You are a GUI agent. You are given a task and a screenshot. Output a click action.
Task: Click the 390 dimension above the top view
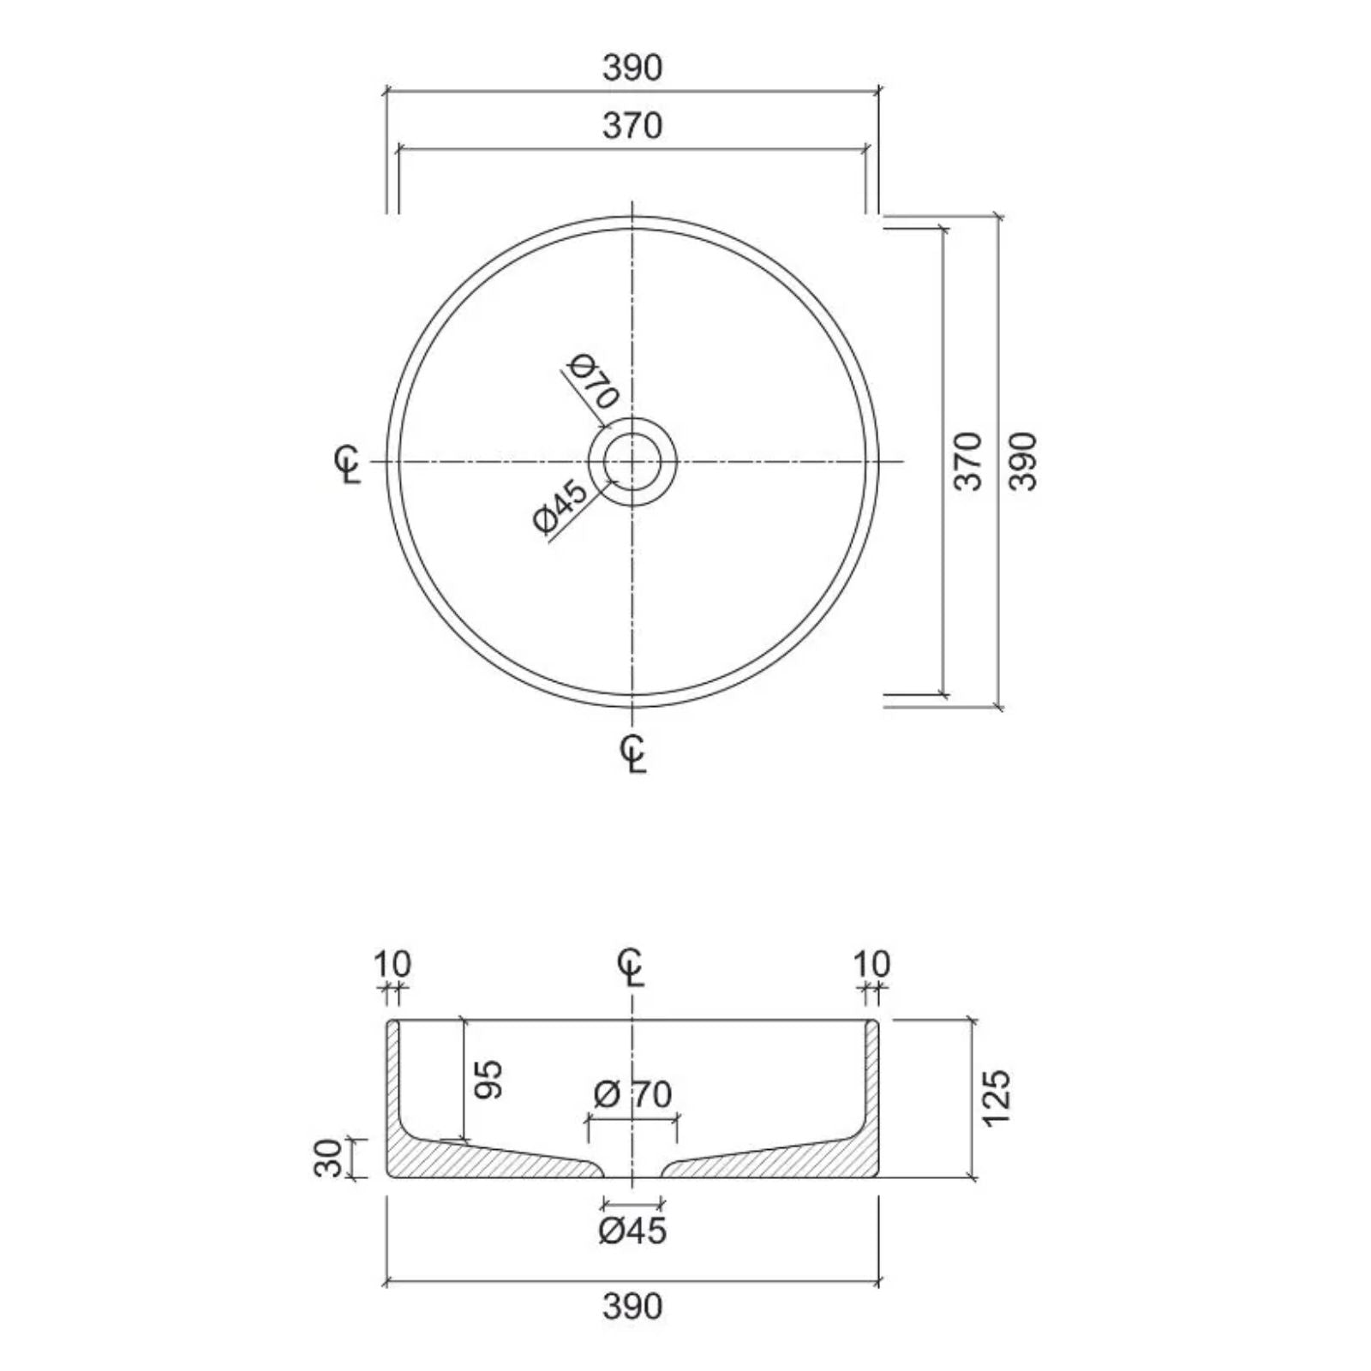632,68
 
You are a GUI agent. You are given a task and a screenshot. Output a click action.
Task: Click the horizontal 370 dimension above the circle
632,126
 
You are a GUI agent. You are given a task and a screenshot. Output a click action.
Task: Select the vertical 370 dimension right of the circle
968,461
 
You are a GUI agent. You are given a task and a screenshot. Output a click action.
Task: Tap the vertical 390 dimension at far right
1023,461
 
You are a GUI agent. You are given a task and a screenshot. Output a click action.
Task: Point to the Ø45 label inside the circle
560,507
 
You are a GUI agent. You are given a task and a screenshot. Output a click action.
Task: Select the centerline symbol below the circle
633,752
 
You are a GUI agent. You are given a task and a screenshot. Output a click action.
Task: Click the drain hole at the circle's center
632,462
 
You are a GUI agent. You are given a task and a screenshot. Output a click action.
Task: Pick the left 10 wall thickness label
392,963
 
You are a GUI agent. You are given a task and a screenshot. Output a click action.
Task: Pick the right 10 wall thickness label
872,963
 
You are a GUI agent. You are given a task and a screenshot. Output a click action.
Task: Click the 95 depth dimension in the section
488,1080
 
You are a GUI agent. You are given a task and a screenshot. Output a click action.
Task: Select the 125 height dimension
997,1098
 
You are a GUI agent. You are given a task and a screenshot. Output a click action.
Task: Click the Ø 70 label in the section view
632,1094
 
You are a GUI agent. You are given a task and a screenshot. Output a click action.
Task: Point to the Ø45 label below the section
632,1231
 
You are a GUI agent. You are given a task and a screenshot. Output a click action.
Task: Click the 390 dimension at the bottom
632,1307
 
